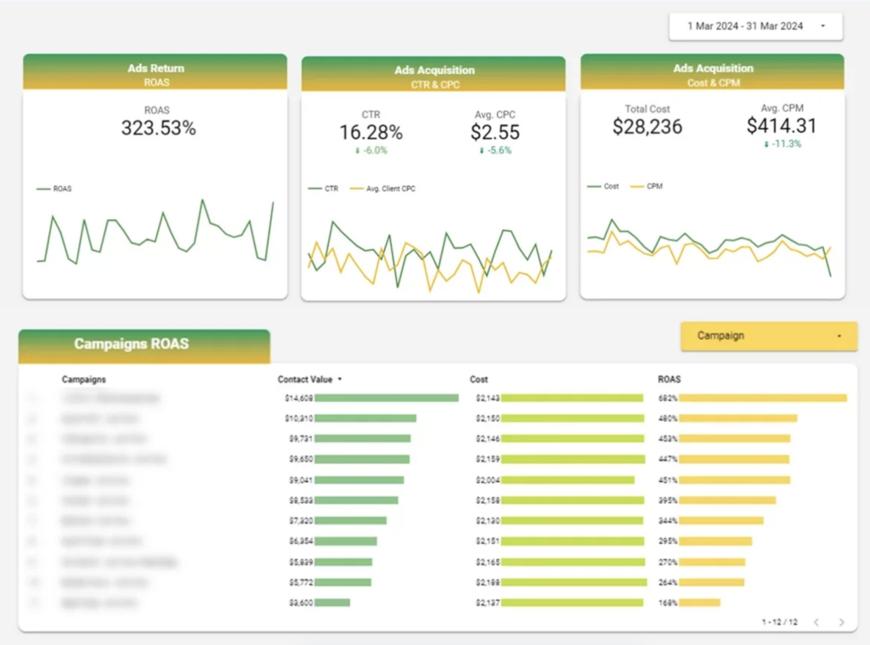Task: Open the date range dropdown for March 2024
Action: (x=755, y=26)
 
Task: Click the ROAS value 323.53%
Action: (x=158, y=128)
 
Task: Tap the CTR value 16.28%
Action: (x=370, y=133)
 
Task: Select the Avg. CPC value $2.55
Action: (x=494, y=133)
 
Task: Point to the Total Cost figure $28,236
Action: (x=647, y=127)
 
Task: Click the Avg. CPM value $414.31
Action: (x=782, y=127)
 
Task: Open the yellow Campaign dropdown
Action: (x=769, y=336)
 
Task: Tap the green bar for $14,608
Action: (x=387, y=398)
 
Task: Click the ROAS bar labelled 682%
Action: (x=763, y=398)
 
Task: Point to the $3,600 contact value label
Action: (x=299, y=603)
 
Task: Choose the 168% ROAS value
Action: (x=667, y=603)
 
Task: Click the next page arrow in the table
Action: (x=842, y=622)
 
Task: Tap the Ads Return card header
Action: (x=155, y=72)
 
